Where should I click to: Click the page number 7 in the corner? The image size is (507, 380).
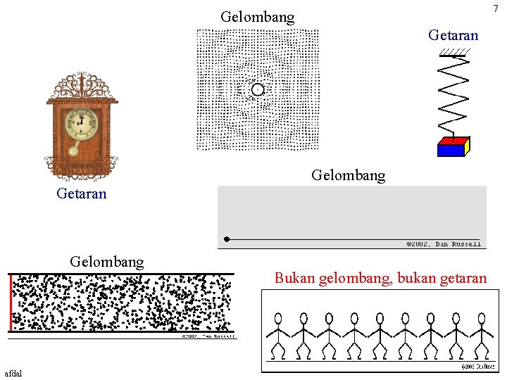coord(495,8)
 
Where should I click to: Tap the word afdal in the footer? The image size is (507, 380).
coord(13,372)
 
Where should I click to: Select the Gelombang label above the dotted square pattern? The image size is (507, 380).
coord(257,17)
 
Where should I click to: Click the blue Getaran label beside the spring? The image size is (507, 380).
coord(453,35)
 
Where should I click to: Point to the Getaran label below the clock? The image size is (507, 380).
coord(82,194)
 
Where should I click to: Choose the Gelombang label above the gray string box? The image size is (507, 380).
coord(348,175)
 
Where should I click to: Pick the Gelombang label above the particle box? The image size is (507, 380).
coord(106,262)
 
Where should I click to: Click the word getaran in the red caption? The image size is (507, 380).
coord(461,278)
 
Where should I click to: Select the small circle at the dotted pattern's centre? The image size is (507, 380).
coord(258,89)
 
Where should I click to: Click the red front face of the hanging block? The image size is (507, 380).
coord(451,149)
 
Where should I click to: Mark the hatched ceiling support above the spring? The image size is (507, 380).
coord(456,51)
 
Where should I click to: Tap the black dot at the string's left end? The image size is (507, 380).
coord(227,239)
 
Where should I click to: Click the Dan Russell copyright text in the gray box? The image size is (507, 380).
coord(444,244)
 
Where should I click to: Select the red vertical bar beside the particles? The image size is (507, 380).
coord(12,303)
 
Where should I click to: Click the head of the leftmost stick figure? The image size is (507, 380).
coord(277,318)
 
